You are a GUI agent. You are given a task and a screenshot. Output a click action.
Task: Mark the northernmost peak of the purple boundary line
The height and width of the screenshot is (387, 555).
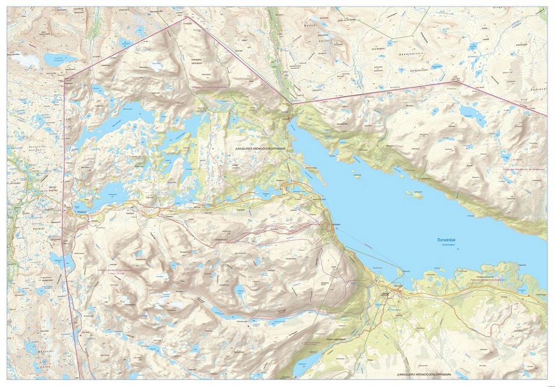point(187,17)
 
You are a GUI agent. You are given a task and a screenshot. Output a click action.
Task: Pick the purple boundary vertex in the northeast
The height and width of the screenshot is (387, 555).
point(456,81)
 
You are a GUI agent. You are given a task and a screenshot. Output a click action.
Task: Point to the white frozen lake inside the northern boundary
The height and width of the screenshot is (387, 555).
point(157,66)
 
